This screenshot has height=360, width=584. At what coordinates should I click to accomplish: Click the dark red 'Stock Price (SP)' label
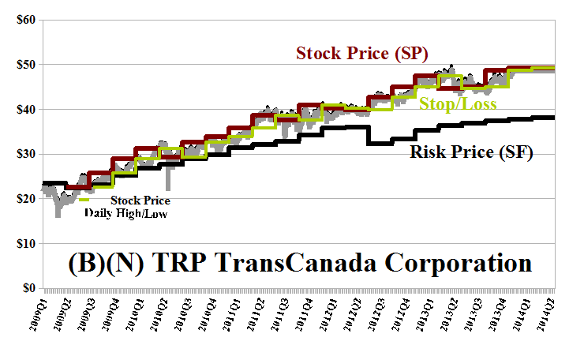361,54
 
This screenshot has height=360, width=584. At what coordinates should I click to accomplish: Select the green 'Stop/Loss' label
452,103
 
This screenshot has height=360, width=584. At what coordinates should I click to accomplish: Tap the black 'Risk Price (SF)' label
471,151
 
